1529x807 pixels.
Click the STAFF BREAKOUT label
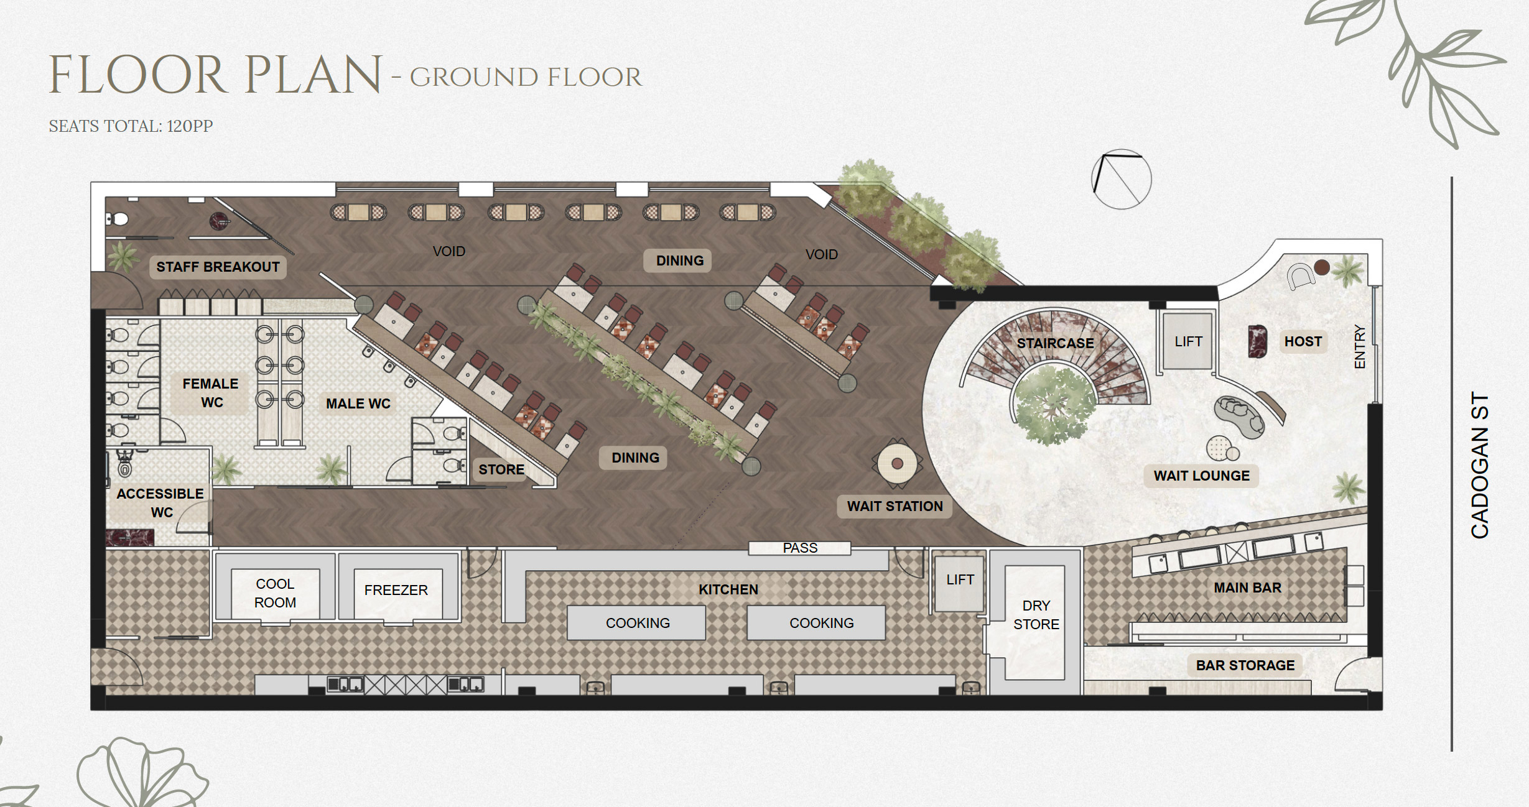click(x=218, y=267)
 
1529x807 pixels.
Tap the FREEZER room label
click(x=396, y=590)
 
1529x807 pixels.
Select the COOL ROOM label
click(x=275, y=593)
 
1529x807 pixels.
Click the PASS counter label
click(x=800, y=548)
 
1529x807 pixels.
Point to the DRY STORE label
click(x=1036, y=615)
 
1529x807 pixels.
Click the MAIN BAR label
click(x=1248, y=588)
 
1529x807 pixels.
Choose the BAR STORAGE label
click(x=1245, y=665)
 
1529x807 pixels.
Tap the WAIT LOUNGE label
click(x=1202, y=476)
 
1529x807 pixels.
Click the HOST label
click(x=1303, y=341)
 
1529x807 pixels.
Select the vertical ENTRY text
click(x=1360, y=346)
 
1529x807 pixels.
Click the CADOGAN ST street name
click(x=1480, y=465)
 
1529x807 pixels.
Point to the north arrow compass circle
click(x=1122, y=180)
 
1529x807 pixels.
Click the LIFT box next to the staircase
click(x=1188, y=341)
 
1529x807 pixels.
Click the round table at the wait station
click(x=897, y=463)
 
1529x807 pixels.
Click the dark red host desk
click(x=1257, y=341)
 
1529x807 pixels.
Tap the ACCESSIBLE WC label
click(x=160, y=503)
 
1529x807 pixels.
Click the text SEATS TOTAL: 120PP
click(x=131, y=126)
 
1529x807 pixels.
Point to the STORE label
click(x=501, y=469)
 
